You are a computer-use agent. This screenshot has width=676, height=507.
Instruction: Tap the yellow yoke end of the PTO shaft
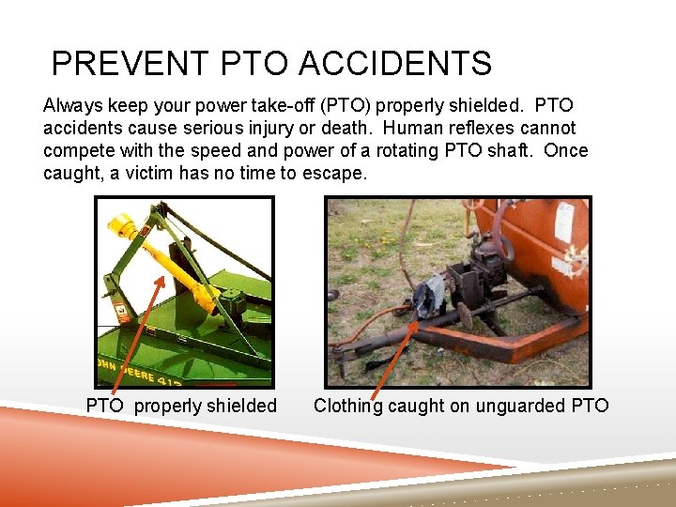(x=128, y=225)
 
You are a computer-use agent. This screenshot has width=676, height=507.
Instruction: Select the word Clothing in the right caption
(x=348, y=406)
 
